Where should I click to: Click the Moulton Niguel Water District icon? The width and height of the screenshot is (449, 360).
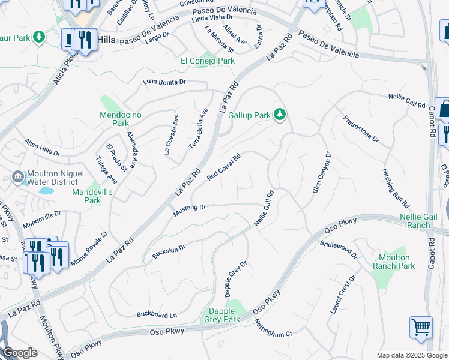(17, 176)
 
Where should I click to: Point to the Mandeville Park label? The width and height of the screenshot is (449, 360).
(92, 196)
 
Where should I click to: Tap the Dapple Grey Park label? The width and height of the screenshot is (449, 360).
(224, 315)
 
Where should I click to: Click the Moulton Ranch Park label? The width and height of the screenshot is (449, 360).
(393, 262)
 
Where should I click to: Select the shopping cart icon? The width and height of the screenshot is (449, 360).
(421, 328)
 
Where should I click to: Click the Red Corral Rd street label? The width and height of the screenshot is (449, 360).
(224, 167)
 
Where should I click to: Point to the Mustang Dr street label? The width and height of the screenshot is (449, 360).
(190, 211)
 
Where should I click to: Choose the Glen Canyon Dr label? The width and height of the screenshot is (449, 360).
(321, 172)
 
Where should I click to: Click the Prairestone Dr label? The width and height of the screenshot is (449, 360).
(361, 129)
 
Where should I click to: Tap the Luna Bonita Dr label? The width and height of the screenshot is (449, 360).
(164, 82)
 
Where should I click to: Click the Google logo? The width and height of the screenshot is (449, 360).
(20, 353)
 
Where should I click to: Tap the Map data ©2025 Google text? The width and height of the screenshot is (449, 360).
(412, 355)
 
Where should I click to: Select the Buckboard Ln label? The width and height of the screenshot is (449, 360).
(157, 314)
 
